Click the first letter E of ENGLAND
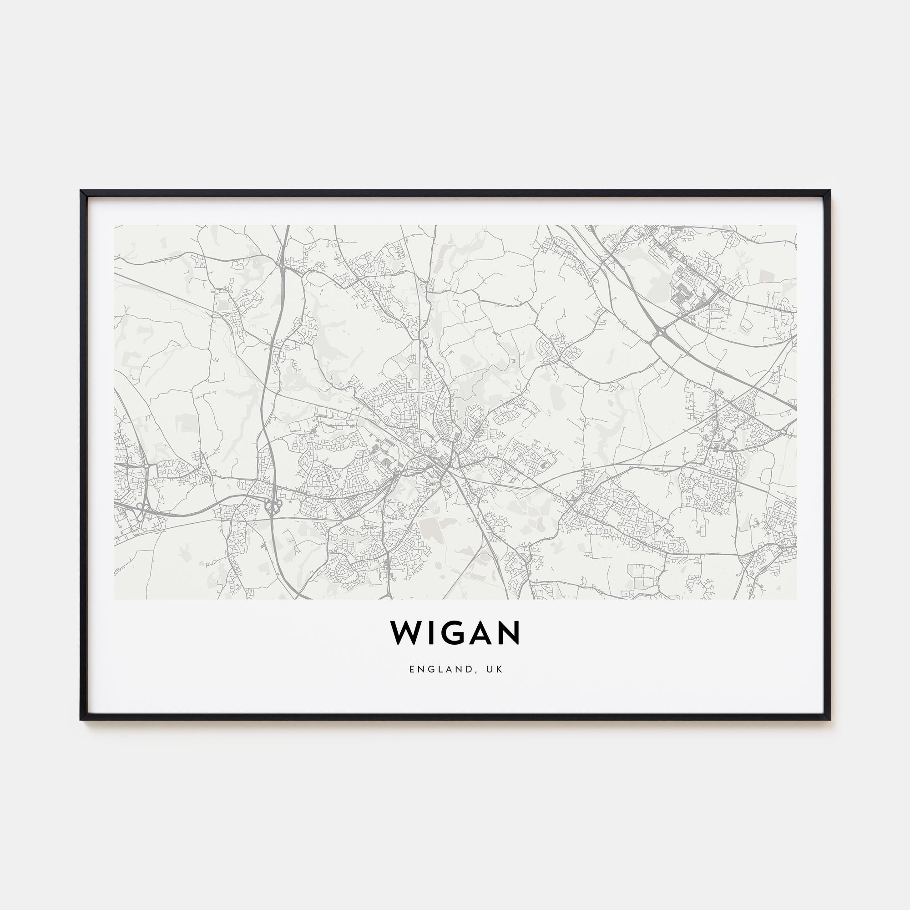click(412, 669)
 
